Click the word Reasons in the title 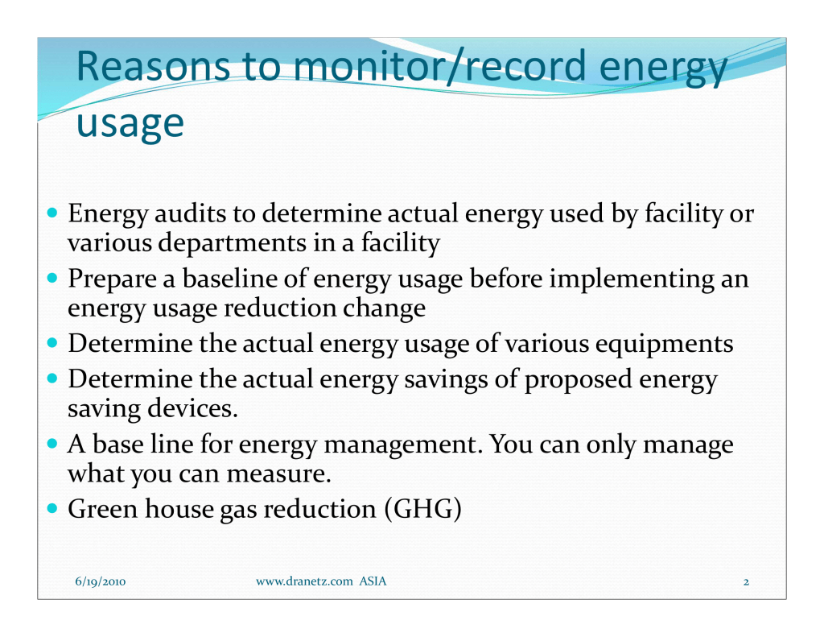pos(153,66)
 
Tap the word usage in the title pos(130,124)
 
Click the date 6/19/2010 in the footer pos(101,581)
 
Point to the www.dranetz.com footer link pos(304,581)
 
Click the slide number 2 pos(746,581)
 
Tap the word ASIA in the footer pos(373,581)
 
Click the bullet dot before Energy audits pos(52,213)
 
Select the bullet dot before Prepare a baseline pos(52,277)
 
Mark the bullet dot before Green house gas pos(52,508)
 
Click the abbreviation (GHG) pos(423,509)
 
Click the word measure pos(279,474)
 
